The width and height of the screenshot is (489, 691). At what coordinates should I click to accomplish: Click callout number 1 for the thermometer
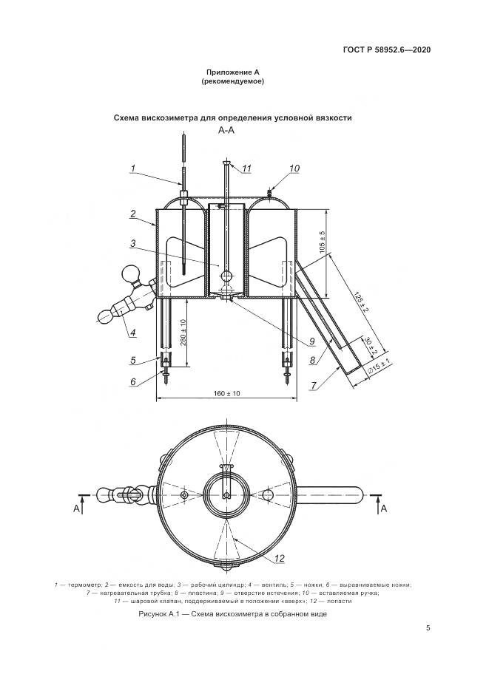133,168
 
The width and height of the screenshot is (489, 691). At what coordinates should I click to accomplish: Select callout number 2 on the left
133,214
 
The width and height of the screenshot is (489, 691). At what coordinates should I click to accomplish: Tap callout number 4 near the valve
133,333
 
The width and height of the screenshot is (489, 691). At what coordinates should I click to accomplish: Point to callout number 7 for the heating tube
314,386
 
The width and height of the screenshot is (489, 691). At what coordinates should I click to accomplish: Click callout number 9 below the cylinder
311,341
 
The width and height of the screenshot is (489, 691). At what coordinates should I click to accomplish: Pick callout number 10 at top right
295,169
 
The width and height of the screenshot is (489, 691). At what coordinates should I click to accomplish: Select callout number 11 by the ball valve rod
246,169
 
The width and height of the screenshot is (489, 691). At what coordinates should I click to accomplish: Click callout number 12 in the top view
280,559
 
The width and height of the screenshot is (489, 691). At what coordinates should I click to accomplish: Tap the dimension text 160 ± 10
226,393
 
